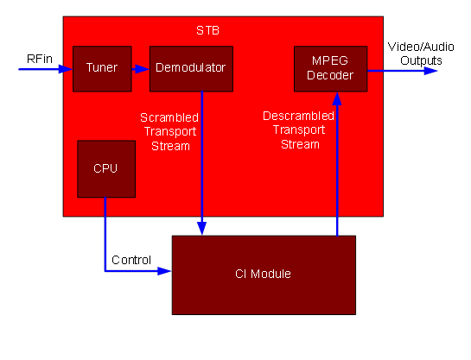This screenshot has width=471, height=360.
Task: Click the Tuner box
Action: click(101, 67)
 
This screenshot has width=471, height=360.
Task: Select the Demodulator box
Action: click(190, 67)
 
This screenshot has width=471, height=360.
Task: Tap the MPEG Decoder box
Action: click(330, 67)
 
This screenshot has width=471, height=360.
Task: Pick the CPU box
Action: click(105, 167)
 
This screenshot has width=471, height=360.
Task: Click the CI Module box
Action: click(264, 275)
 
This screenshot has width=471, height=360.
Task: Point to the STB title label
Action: click(207, 31)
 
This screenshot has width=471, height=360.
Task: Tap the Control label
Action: click(131, 260)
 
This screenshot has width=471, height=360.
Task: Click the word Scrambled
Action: click(169, 117)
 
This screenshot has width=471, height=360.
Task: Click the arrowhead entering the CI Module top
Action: click(202, 229)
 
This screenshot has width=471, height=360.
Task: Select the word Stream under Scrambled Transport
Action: click(170, 146)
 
